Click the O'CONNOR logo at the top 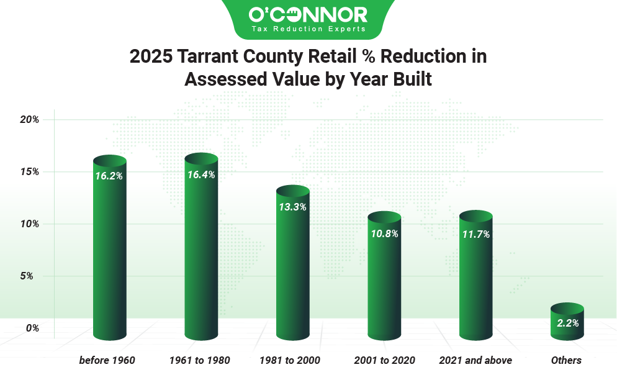(308, 14)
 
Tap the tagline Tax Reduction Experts (308, 29)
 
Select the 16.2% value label (109, 176)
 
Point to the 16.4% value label (201, 174)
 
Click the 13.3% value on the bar (293, 207)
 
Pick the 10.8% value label (384, 234)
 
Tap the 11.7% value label (476, 234)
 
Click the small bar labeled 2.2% (567, 323)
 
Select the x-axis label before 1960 (107, 360)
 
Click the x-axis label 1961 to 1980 (199, 360)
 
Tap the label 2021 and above (475, 360)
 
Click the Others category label (566, 360)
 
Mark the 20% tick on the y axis (30, 120)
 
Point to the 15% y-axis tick (30, 171)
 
